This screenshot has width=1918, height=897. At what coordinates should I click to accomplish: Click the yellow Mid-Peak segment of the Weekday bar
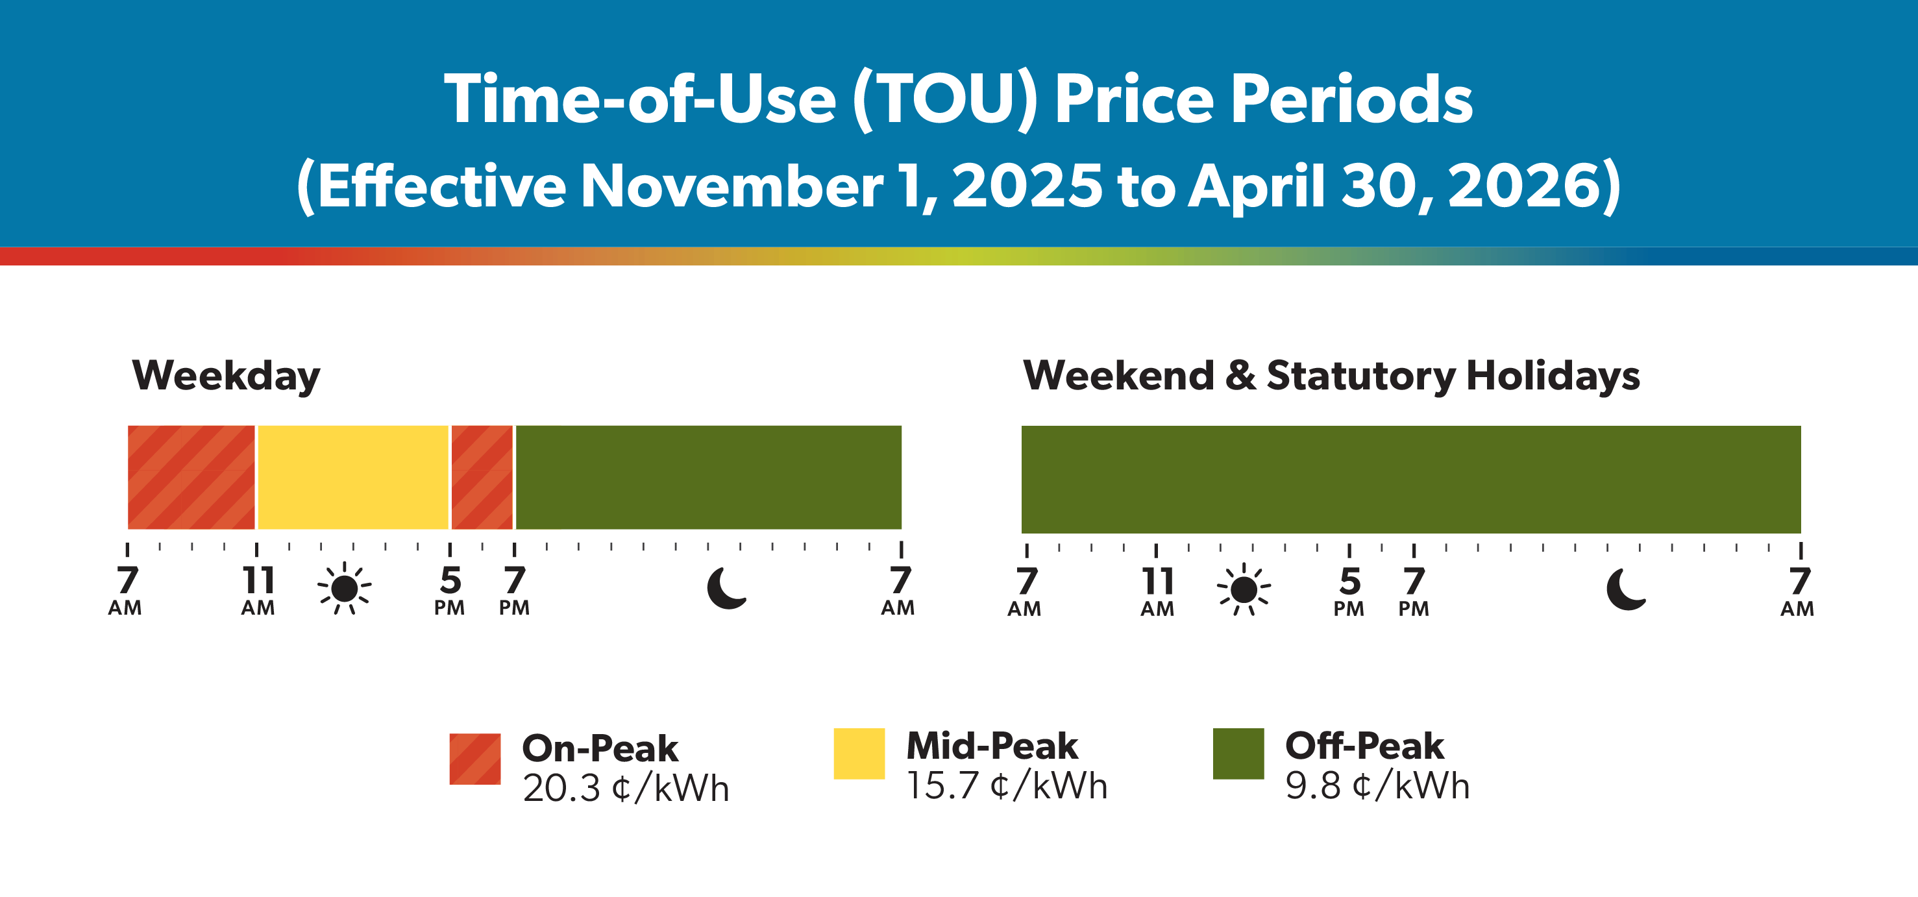pos(353,477)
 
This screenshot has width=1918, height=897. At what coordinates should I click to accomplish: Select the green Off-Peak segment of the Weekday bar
pos(708,477)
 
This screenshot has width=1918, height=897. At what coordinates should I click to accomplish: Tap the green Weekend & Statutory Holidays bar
pos(1410,478)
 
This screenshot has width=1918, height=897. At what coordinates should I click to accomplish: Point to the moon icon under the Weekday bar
pos(726,589)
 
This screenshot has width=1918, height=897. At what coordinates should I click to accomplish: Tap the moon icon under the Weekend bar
pos(1625,589)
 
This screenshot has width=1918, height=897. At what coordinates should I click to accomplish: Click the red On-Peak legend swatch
pos(475,759)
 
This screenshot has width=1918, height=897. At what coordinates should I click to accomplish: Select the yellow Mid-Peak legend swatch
pos(859,754)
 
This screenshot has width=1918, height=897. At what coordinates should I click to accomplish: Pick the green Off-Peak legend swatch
pos(1238,754)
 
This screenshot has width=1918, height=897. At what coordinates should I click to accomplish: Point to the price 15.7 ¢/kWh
pos(1007,786)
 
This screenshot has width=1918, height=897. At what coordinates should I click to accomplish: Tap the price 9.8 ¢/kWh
pos(1377,786)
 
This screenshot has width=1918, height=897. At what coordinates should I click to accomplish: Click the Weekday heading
pos(226,375)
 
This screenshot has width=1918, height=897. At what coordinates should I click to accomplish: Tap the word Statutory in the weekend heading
pos(1360,375)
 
